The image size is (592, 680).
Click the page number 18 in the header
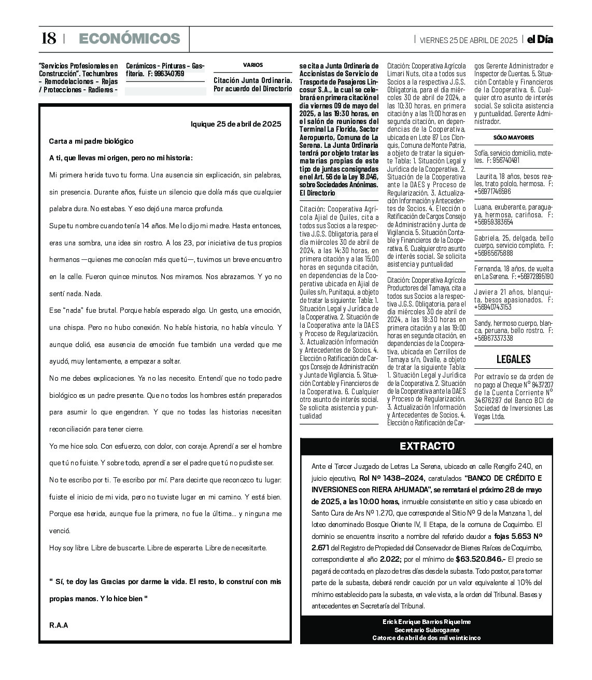point(48,39)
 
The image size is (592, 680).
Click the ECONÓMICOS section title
point(129,39)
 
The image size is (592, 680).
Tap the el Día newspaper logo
point(540,39)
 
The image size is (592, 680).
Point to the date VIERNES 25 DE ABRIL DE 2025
point(468,40)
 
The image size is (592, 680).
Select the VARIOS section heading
point(253,65)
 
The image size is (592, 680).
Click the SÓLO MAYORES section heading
point(513,138)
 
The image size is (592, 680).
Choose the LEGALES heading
point(513,359)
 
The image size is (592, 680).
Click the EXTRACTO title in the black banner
point(427,446)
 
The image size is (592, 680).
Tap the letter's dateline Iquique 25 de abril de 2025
point(236,124)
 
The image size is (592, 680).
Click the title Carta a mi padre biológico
point(91,141)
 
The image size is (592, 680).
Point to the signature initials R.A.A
point(59,625)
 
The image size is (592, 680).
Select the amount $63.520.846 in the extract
point(480,559)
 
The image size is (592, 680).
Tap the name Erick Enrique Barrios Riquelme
point(427,621)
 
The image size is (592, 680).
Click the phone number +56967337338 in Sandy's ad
point(493,338)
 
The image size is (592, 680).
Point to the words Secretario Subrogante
point(427,630)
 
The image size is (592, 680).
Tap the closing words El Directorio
point(317,193)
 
